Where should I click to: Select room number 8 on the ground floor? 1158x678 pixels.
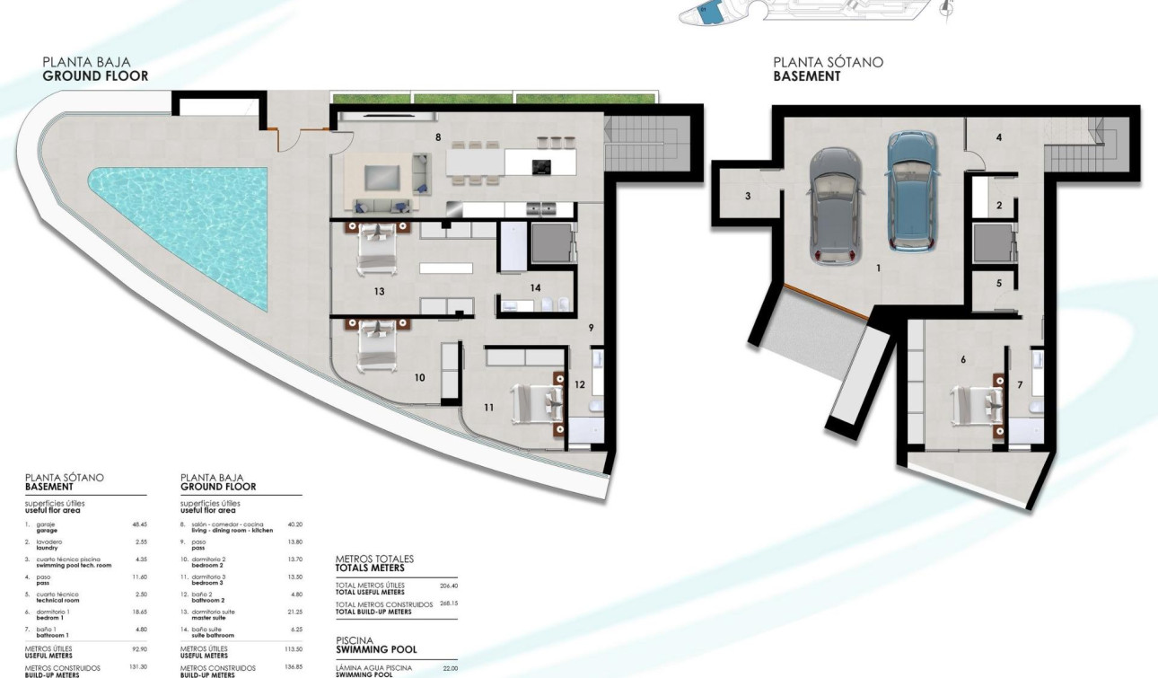coord(438,138)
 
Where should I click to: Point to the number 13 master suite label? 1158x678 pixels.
coord(379,292)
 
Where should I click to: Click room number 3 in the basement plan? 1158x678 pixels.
coord(748,196)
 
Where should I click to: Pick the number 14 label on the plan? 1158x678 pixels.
coord(535,288)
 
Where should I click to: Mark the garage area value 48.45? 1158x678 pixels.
coord(139,524)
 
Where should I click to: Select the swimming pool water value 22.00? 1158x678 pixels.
coord(450,668)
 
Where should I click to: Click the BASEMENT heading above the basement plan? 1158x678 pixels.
coord(807,76)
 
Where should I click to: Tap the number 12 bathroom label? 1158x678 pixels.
coord(579,384)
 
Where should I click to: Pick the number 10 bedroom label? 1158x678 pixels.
coord(419,378)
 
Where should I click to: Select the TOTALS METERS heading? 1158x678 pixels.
coord(369,568)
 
